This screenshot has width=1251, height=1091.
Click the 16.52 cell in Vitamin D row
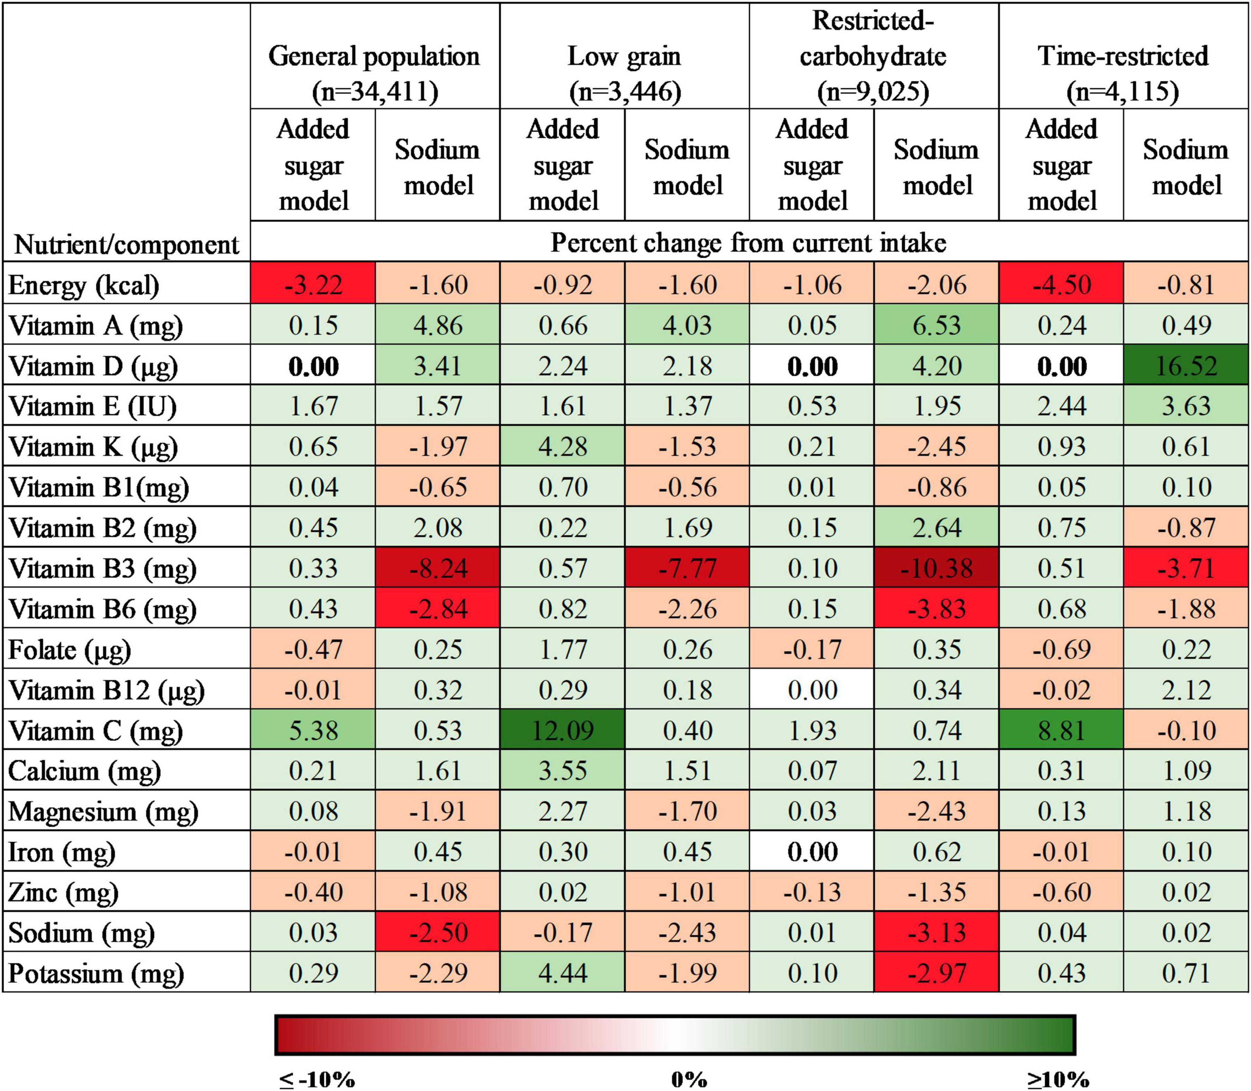1186,366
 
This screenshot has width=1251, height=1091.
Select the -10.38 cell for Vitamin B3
936,568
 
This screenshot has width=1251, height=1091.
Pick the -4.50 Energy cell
1061,284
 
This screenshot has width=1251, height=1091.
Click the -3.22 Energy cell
313,284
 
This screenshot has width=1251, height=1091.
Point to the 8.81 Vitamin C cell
1061,730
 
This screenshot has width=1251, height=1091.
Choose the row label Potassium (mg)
96,973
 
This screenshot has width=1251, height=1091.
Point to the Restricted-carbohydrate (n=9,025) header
873,56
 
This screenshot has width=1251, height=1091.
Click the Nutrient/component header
126,245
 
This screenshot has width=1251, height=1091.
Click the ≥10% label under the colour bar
1058,1080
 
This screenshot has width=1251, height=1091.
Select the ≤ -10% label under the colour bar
317,1080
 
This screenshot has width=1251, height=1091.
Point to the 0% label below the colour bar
689,1080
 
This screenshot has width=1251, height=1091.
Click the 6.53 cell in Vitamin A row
936,325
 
